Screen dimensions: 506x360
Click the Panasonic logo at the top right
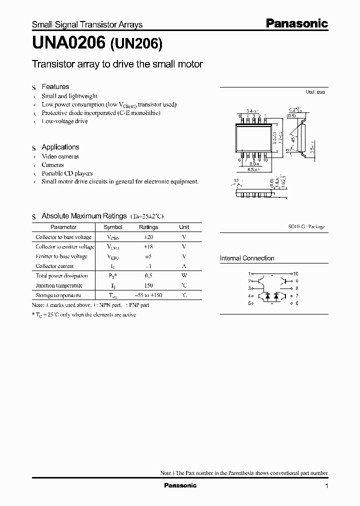[296, 23]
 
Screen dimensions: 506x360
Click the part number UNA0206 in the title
[68, 44]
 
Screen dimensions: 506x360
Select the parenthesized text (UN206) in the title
[135, 44]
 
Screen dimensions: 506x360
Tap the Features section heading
[55, 86]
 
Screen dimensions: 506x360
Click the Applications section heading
[60, 147]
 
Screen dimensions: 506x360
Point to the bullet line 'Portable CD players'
[67, 173]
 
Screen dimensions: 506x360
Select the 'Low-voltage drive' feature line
[64, 121]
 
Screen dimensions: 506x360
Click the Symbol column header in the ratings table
[112, 227]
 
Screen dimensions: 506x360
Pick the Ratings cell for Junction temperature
[148, 285]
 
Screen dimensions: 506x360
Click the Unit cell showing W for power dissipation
[184, 275]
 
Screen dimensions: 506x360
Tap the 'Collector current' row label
[54, 266]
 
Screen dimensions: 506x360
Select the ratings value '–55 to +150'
[148, 295]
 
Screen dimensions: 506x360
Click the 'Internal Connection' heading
[247, 258]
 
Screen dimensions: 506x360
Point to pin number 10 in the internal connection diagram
[295, 274]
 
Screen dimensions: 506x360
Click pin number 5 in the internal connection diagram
[249, 303]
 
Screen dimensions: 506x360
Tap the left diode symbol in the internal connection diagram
[268, 295]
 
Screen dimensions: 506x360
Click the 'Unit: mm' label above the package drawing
[315, 92]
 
